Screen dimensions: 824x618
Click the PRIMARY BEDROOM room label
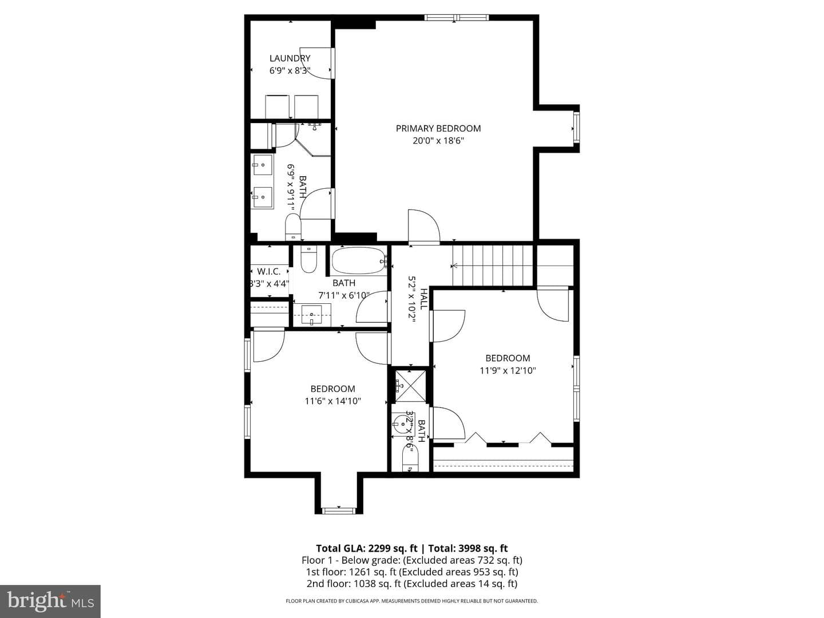(438, 128)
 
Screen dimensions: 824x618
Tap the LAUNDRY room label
(290, 58)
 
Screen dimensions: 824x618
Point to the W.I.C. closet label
(269, 271)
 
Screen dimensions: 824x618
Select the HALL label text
(423, 299)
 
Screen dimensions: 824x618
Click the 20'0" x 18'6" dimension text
(438, 141)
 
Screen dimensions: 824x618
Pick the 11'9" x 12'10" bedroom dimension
(508, 371)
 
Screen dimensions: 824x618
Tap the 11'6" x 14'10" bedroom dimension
(332, 401)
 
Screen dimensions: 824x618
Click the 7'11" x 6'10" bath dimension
(344, 296)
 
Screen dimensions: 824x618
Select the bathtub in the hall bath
(359, 260)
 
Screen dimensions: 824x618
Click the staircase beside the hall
(493, 266)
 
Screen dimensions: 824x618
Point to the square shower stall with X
(410, 386)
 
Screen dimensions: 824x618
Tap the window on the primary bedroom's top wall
(457, 17)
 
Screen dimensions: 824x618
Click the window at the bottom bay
(339, 510)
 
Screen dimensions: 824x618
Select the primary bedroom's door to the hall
(424, 226)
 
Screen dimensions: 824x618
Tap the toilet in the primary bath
(293, 227)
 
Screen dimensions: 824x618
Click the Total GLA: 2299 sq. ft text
(366, 548)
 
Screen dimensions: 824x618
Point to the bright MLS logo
(50, 601)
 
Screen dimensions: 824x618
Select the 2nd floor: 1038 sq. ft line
(412, 584)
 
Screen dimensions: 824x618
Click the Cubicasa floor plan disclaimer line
(412, 601)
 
